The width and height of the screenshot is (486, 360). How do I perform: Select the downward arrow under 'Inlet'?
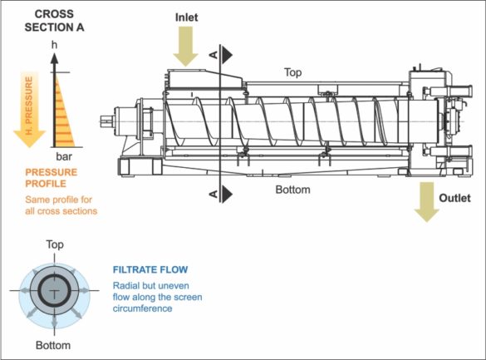(187, 47)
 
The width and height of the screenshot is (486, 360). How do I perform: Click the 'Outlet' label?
(454, 199)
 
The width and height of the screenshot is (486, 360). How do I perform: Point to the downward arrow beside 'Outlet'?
(427, 203)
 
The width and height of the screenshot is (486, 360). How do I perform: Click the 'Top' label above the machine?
(294, 72)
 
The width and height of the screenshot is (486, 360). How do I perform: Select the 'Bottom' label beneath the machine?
(293, 190)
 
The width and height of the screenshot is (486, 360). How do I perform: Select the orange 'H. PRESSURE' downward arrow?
(29, 108)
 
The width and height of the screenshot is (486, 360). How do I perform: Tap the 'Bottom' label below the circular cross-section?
(53, 344)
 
